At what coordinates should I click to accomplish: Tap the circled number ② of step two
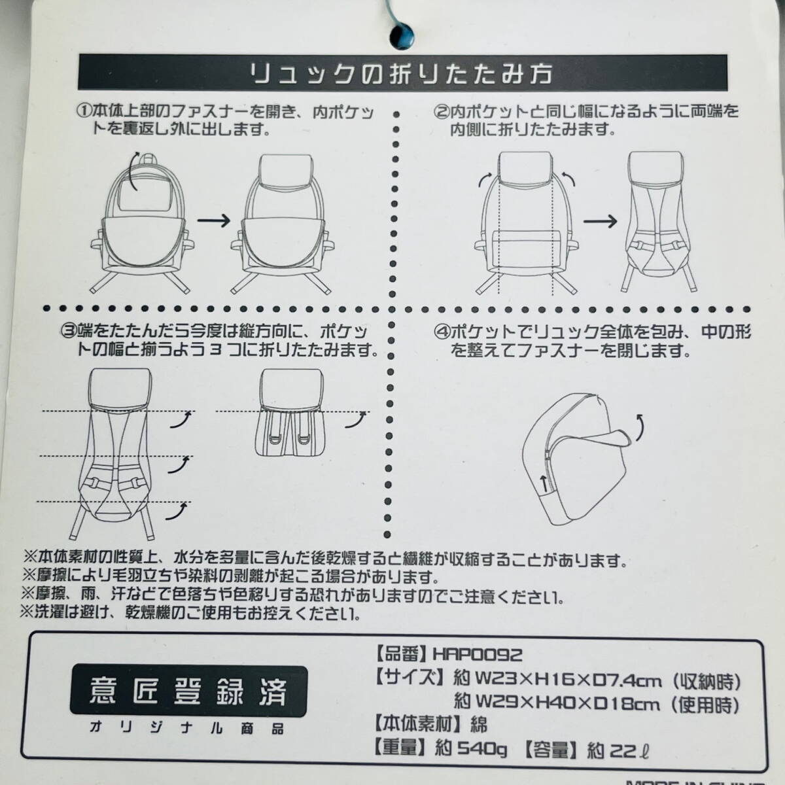441,112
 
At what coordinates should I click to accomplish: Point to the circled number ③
69,332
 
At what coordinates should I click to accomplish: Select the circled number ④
442,333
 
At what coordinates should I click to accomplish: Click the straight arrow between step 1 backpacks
213,221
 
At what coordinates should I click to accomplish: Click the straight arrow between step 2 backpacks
600,222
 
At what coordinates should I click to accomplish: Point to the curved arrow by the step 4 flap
640,428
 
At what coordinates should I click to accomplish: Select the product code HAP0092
477,655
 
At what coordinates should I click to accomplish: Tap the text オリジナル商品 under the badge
186,728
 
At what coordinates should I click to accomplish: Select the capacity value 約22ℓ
618,749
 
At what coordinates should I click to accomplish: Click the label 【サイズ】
411,678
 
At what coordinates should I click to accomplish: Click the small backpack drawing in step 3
291,412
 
